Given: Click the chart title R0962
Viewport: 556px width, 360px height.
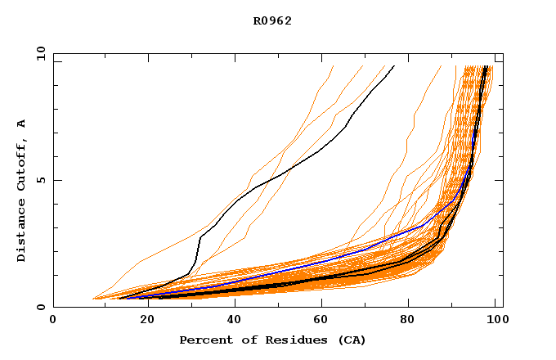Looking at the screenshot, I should point(272,21).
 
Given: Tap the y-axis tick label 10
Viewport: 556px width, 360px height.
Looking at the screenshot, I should point(39,53).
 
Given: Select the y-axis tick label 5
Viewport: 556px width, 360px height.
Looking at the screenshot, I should point(43,180).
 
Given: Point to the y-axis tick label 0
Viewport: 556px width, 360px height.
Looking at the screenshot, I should point(43,307).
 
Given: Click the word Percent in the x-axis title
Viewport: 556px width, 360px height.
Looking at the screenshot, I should point(204,340).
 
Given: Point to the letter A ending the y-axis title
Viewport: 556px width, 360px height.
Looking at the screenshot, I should point(22,124).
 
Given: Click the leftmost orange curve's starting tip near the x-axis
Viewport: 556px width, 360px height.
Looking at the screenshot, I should point(93,298).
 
